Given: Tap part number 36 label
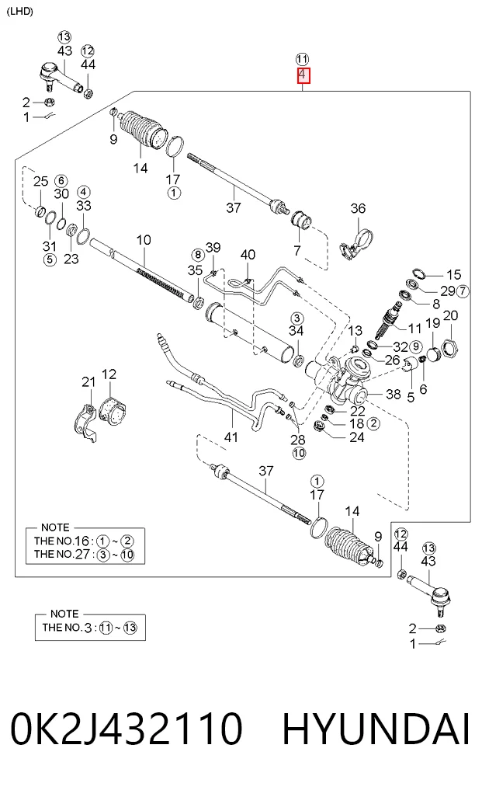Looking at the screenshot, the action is point(358,208).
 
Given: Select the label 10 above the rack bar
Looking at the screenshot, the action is point(144,240).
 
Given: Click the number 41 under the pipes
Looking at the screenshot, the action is point(231,437).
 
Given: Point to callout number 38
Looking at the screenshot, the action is point(394,394).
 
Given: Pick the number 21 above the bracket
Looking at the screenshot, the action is point(88,382).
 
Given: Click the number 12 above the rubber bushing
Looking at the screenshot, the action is point(109,374).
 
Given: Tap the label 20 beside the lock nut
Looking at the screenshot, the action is point(450,316).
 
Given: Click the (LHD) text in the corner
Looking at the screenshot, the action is point(20,12).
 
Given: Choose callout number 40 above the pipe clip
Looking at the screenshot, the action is point(248,255).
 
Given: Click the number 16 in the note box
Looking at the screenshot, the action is point(81,541).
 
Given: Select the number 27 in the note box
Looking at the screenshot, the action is point(82,554).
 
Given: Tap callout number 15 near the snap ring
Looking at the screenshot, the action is point(454,274).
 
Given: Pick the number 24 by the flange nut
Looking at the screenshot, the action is point(357,437).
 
